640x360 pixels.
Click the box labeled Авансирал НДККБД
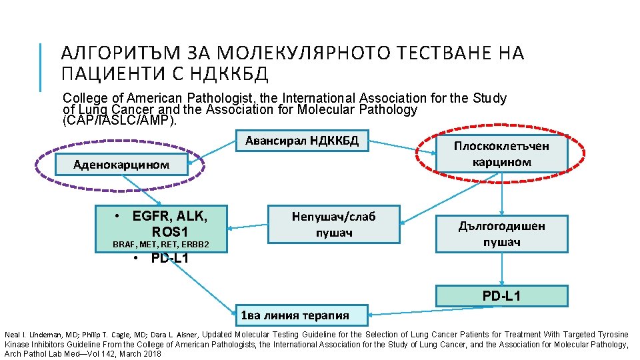coord(302,141)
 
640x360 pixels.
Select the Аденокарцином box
coord(121,164)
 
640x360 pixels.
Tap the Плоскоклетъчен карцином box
coord(501,153)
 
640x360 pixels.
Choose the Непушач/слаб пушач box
coord(333,224)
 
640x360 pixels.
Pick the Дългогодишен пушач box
coord(501,233)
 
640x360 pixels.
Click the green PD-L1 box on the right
coord(501,295)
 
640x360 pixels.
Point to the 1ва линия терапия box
coord(303,315)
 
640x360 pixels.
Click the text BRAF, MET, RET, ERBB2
coord(161,245)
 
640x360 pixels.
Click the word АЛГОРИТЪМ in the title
coord(120,54)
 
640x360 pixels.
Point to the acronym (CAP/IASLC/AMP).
coord(119,121)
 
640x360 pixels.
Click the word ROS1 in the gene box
coord(170,231)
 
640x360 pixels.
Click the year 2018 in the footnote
coord(151,353)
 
